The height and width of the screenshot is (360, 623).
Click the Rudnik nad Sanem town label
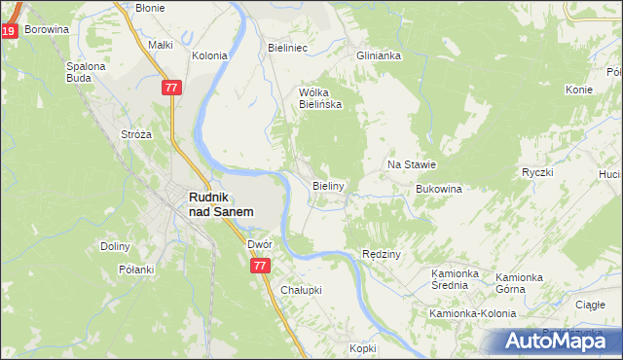pos(221,203)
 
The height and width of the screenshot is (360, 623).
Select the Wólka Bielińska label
pos(319,98)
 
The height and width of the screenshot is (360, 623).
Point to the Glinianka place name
pos(379,55)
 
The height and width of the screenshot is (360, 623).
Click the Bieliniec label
pos(288,46)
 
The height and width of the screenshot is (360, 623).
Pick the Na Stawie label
pos(412,164)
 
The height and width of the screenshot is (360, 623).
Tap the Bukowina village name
pos(438,189)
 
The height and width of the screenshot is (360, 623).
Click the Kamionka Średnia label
pos(457,281)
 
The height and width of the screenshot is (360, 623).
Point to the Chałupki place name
pos(301,290)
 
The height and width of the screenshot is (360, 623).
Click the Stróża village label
pos(135,133)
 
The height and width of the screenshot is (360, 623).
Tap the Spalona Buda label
pos(86,73)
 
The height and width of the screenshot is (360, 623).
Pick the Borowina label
pos(48,29)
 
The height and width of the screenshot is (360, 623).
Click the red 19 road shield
pos(8,32)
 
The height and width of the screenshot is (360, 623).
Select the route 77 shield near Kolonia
pos(171,88)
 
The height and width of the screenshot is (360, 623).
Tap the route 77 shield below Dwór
pos(259,265)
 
